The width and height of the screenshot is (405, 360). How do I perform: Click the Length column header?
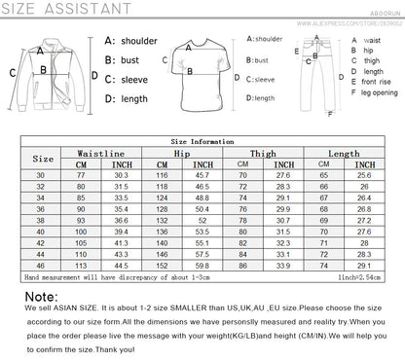344,153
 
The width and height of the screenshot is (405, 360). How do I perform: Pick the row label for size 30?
42,174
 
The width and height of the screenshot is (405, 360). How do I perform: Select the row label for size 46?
42,263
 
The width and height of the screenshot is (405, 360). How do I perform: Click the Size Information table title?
202,140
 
